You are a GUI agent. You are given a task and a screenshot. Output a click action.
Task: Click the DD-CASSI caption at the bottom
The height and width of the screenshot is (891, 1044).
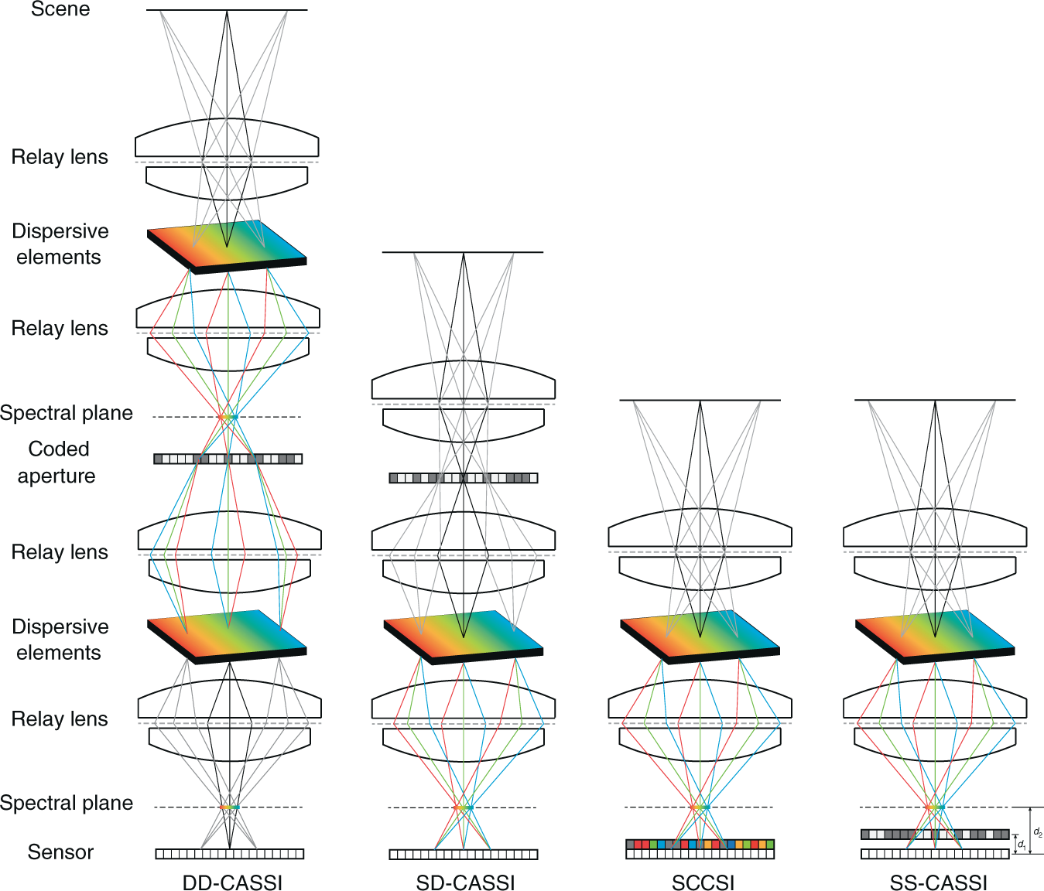coord(232,882)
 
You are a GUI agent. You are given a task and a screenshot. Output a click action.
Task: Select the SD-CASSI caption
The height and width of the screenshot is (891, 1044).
coord(465,882)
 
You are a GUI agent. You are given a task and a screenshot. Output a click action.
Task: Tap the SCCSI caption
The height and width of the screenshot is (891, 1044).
coord(703,882)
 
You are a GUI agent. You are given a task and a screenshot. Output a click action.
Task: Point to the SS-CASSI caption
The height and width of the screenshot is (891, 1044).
coord(938,882)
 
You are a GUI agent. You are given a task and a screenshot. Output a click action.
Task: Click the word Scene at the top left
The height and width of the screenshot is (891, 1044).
coord(60,9)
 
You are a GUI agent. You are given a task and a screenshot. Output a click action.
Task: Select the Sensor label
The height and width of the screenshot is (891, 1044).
coord(60,852)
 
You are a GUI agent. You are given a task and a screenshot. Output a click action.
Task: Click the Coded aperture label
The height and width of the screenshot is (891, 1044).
coord(57,462)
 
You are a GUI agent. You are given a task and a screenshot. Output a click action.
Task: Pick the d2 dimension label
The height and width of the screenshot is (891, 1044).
coord(1038,832)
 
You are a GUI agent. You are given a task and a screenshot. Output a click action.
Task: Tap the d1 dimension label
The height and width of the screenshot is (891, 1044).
coord(1022,845)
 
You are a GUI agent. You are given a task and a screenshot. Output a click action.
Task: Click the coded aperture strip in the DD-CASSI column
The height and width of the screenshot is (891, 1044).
coord(228,459)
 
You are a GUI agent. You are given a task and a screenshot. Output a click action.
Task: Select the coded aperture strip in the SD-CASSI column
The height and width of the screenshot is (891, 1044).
coord(463,478)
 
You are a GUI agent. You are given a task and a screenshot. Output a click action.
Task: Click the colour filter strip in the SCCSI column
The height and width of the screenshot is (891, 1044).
coord(700,844)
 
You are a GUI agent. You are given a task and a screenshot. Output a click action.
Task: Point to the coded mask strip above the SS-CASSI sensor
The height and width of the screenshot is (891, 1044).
coord(935,835)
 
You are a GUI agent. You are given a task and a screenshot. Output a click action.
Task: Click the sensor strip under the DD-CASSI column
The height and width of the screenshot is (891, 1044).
coord(229,854)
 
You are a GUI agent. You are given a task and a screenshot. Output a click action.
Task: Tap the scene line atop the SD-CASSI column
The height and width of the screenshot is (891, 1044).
coord(463,252)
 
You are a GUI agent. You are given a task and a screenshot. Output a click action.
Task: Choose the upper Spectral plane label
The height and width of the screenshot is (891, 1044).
coord(67,413)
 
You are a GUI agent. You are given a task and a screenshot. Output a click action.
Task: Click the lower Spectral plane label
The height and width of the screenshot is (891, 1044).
coord(67,803)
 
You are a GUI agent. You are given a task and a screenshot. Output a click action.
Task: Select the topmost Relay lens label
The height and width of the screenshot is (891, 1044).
coord(60,157)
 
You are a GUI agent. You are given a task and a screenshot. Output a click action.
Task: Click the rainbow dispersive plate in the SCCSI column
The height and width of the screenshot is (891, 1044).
coord(700,637)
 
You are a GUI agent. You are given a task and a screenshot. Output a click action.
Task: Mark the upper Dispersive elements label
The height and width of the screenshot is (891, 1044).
coord(60,244)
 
